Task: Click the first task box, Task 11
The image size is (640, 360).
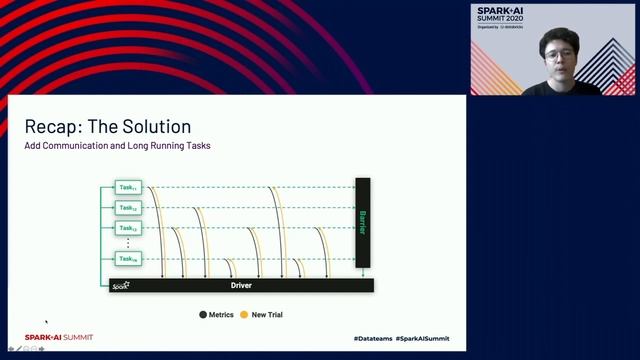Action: click(x=128, y=187)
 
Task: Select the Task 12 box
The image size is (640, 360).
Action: click(x=128, y=208)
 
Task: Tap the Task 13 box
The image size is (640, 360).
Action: click(x=128, y=229)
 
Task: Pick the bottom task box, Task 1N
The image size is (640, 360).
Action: click(x=128, y=259)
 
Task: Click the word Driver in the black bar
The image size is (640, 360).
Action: click(x=241, y=285)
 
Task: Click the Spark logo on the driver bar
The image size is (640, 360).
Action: click(x=121, y=285)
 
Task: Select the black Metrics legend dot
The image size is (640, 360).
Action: click(x=203, y=315)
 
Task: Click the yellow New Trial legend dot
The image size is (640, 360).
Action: click(x=245, y=315)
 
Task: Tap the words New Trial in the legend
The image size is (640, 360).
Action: click(x=267, y=315)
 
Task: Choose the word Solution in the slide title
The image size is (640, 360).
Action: click(x=156, y=127)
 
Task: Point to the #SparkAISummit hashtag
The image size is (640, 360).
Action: click(x=422, y=339)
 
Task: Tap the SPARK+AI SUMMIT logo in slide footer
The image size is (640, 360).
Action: click(x=59, y=338)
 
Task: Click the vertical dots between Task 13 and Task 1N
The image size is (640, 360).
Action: click(x=128, y=244)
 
